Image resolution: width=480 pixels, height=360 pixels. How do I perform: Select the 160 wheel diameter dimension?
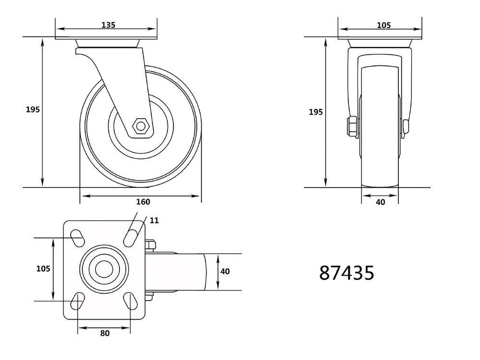coord(143,202)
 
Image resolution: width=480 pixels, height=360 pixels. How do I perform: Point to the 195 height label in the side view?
coord(33,109)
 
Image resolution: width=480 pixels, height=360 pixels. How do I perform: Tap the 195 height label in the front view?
coord(315,112)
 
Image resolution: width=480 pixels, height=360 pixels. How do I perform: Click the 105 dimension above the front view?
coord(384,25)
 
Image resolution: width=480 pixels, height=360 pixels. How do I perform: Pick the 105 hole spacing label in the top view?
coord(44,269)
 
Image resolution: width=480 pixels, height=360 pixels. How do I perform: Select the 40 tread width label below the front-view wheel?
coord(380,202)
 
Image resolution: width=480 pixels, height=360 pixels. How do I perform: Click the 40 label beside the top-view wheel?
coord(225,272)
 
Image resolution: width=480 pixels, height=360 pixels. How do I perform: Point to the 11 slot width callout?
coord(154,221)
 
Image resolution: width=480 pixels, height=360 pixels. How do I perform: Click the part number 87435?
coord(347,273)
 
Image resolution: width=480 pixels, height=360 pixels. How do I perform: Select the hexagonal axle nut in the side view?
coord(141,127)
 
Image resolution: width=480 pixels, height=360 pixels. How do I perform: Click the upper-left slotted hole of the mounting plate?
coord(76,236)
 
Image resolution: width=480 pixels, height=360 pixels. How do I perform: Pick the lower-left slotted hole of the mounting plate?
coord(76,301)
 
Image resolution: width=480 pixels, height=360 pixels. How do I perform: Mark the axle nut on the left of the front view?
coord(351,126)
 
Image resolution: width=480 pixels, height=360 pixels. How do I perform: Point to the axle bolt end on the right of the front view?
coord(406,126)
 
